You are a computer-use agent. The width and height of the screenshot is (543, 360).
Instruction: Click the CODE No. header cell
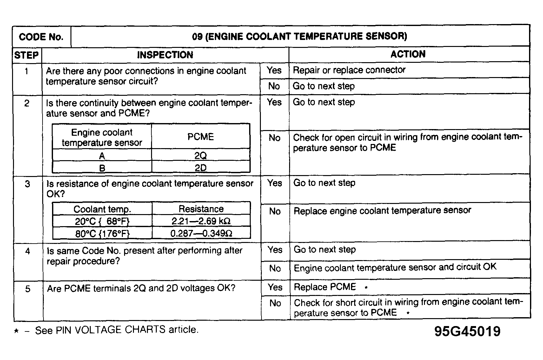tap(41, 37)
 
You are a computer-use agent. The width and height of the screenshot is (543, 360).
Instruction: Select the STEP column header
tap(27, 55)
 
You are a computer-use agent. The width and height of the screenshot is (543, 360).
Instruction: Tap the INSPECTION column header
tap(165, 55)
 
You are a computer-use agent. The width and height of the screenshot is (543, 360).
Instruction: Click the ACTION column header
tap(408, 54)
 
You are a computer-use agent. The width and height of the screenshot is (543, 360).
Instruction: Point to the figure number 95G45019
tap(467, 331)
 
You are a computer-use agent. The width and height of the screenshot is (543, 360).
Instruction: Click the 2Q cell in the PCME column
tap(201, 156)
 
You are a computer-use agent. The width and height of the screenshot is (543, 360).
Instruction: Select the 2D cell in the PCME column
tap(201, 167)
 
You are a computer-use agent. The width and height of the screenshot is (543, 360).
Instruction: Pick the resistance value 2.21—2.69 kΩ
tap(201, 221)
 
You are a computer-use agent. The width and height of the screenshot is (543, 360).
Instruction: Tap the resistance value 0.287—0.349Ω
tap(201, 233)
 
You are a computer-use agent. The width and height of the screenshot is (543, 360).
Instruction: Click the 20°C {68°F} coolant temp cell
tap(102, 221)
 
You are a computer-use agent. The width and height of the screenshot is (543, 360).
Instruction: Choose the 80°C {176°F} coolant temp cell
tap(102, 234)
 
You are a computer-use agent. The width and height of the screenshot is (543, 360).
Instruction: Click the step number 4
tap(28, 252)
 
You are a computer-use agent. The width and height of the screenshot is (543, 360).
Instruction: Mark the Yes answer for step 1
tap(274, 70)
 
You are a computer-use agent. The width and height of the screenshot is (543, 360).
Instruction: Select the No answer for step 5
tap(275, 303)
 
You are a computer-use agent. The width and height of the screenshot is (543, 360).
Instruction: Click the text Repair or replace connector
tap(349, 70)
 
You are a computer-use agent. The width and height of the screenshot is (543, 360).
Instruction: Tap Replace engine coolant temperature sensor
tap(382, 211)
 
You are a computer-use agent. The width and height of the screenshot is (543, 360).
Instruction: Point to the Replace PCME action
tap(325, 287)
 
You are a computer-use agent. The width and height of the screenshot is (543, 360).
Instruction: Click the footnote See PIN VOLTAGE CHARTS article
tap(117, 330)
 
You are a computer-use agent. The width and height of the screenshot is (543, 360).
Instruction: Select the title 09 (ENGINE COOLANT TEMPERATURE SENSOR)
tap(300, 36)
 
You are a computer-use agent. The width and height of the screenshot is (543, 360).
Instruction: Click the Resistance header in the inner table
tap(201, 209)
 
